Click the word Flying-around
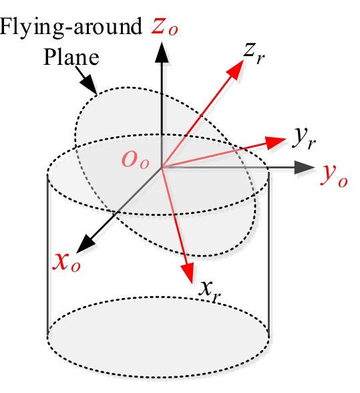click(71, 27)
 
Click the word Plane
click(71, 57)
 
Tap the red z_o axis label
click(164, 27)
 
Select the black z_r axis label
click(254, 53)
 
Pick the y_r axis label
click(304, 138)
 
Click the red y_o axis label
click(334, 175)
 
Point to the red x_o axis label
click(66, 263)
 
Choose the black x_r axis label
click(210, 291)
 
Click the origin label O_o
click(136, 160)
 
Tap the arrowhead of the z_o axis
click(162, 52)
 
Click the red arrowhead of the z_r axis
click(236, 69)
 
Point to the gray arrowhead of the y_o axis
click(304, 167)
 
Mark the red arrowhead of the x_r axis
click(188, 273)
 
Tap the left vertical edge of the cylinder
click(47, 255)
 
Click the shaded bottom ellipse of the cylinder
click(158, 337)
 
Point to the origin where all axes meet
click(162, 167)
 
